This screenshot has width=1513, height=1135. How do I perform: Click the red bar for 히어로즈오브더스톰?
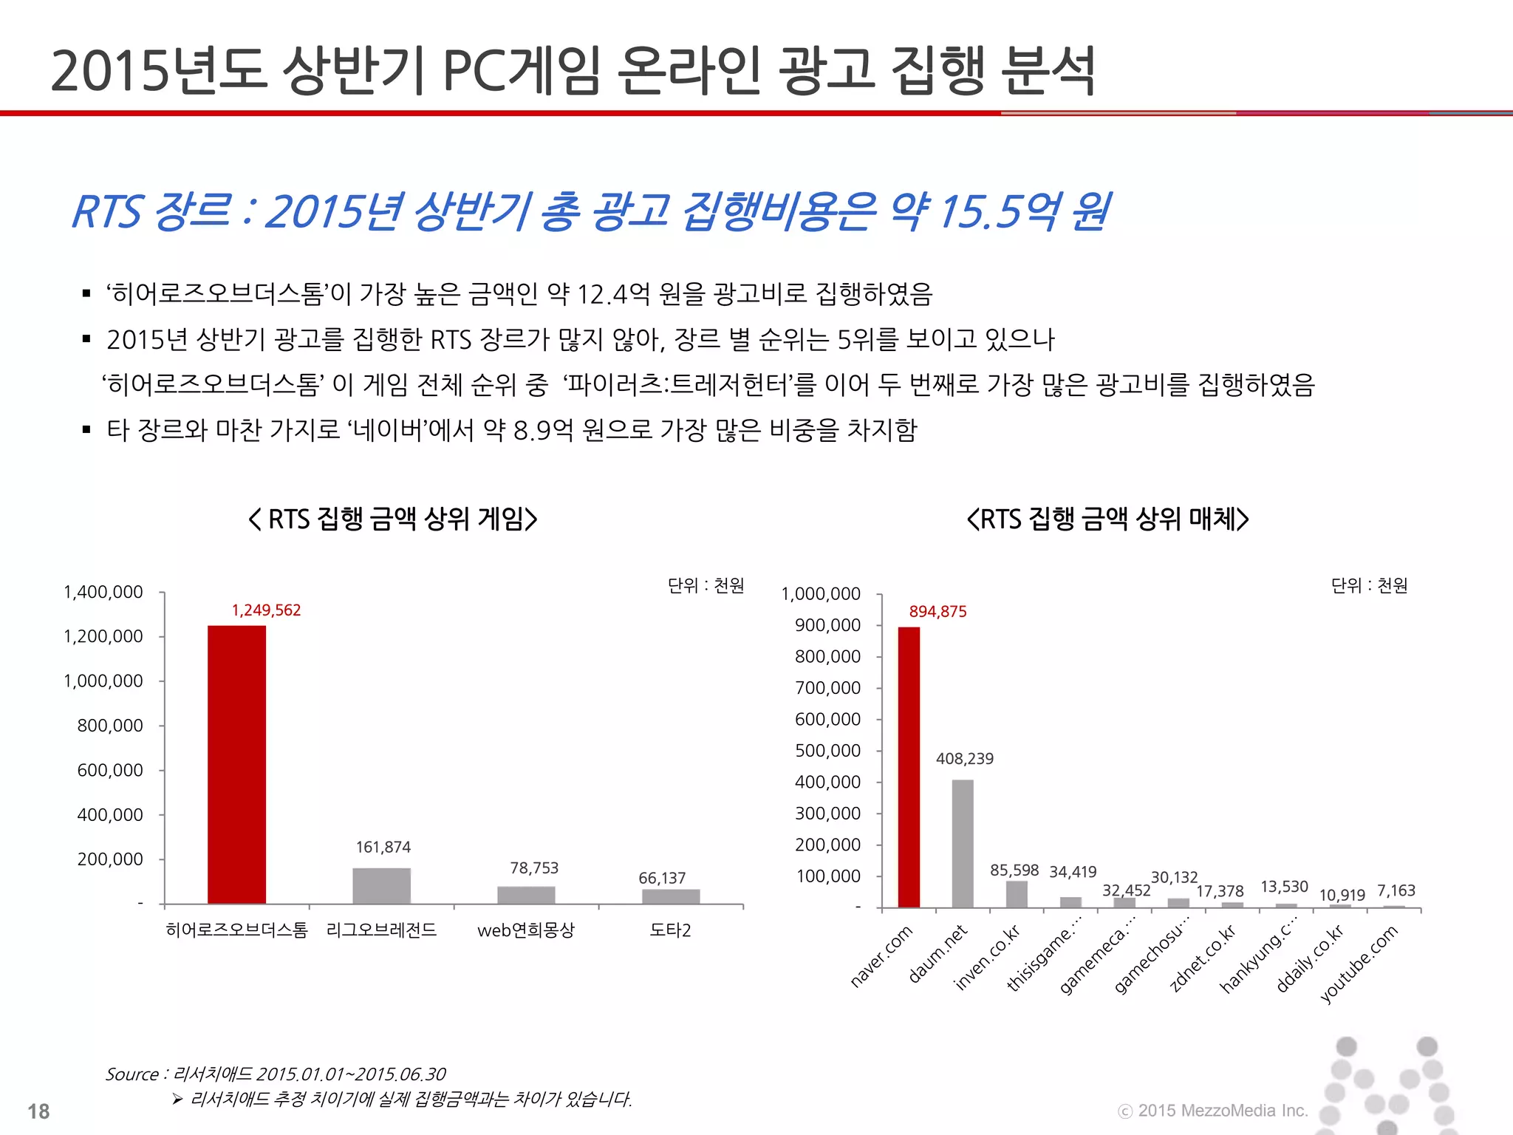[x=236, y=764]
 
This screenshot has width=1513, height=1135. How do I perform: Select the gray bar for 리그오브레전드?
[x=381, y=885]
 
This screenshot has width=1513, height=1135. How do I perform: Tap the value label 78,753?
[x=534, y=868]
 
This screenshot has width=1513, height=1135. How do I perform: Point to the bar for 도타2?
[x=671, y=896]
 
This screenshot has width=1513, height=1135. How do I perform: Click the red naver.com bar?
[x=909, y=767]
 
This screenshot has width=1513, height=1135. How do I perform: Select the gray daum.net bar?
[x=963, y=843]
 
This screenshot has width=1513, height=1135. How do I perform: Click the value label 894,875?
[x=937, y=612]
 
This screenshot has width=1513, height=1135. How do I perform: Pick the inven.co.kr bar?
[x=1017, y=893]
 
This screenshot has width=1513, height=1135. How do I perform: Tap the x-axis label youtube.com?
[x=1360, y=964]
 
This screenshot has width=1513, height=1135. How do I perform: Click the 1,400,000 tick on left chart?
[x=103, y=592]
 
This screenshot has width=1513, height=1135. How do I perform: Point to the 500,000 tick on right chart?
[x=827, y=751]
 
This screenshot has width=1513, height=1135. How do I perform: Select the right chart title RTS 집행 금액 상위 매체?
[x=1107, y=519]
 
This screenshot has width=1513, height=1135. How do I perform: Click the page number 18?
[x=38, y=1111]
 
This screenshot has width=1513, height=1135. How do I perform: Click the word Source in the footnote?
[x=132, y=1074]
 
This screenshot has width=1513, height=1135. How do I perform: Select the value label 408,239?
[x=964, y=759]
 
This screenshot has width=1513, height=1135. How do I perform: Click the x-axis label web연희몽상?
[x=525, y=930]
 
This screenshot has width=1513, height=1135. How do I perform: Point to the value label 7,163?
[x=1396, y=890]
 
